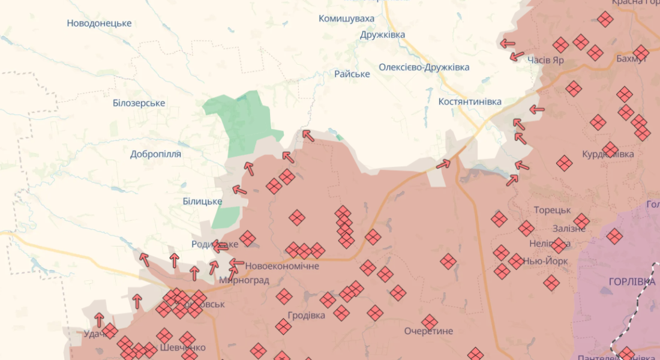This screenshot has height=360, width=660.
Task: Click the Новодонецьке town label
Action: [99, 23]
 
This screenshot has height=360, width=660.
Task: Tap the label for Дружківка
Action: [382, 35]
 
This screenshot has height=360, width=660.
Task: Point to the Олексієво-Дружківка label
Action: [424, 67]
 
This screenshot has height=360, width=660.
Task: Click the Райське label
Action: [352, 74]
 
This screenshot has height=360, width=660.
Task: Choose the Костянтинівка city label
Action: [470, 101]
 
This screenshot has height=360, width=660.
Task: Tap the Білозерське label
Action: [139, 103]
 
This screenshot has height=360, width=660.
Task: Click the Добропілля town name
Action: [155, 154]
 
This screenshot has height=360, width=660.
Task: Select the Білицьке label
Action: [202, 202]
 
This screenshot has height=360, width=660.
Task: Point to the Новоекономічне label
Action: [282, 266]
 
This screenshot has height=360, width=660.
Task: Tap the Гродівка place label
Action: [306, 315]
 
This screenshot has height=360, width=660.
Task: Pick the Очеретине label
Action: [428, 331]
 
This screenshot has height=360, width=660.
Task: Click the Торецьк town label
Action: [552, 210]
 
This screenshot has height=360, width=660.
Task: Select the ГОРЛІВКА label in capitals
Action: [632, 282]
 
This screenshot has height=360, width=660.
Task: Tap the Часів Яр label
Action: [545, 60]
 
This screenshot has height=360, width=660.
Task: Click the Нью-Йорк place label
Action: [546, 261]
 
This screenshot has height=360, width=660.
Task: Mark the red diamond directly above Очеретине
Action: [430, 322]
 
